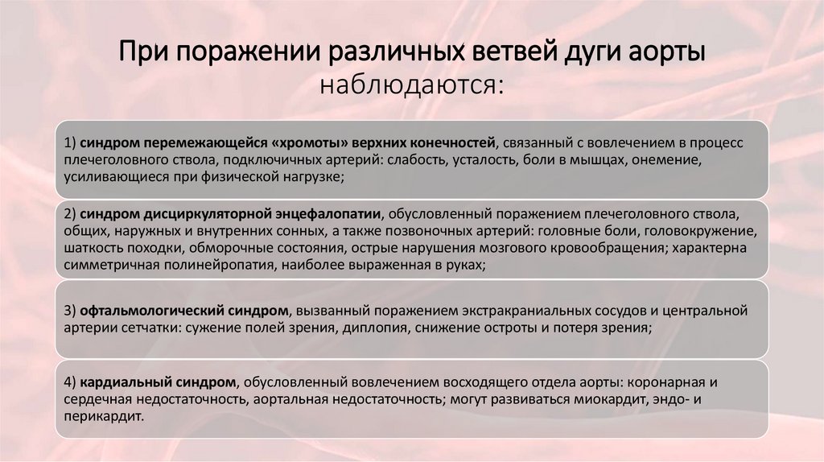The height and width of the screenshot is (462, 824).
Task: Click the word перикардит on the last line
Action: pos(107,417)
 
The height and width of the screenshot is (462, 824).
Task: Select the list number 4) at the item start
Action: pos(71,382)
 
